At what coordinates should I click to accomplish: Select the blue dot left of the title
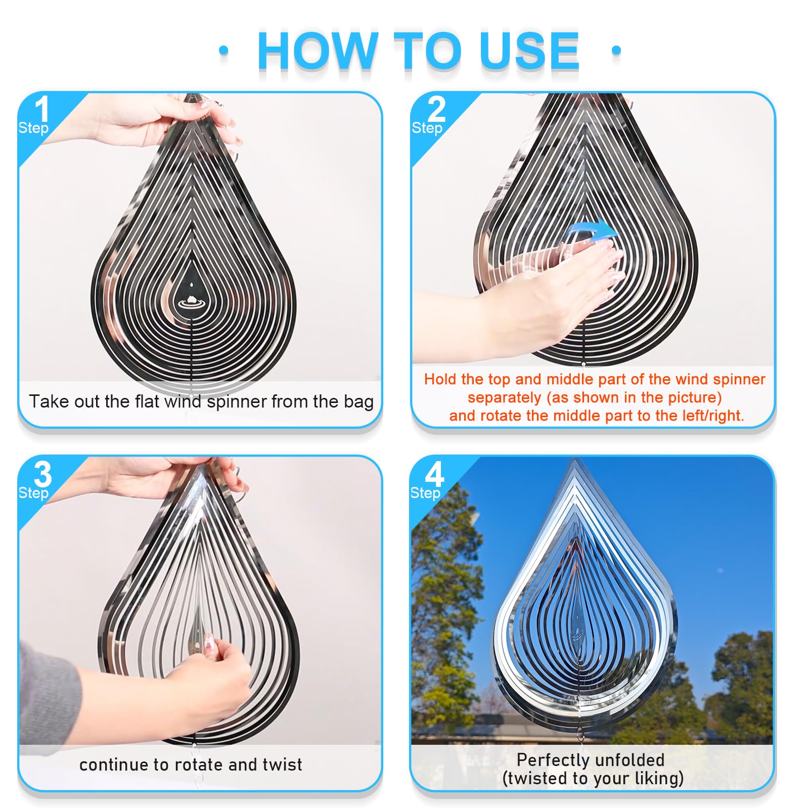pyautogui.click(x=223, y=50)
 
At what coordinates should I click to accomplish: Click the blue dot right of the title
pyautogui.click(x=616, y=50)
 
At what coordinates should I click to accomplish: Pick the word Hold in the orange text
pyautogui.click(x=440, y=379)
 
